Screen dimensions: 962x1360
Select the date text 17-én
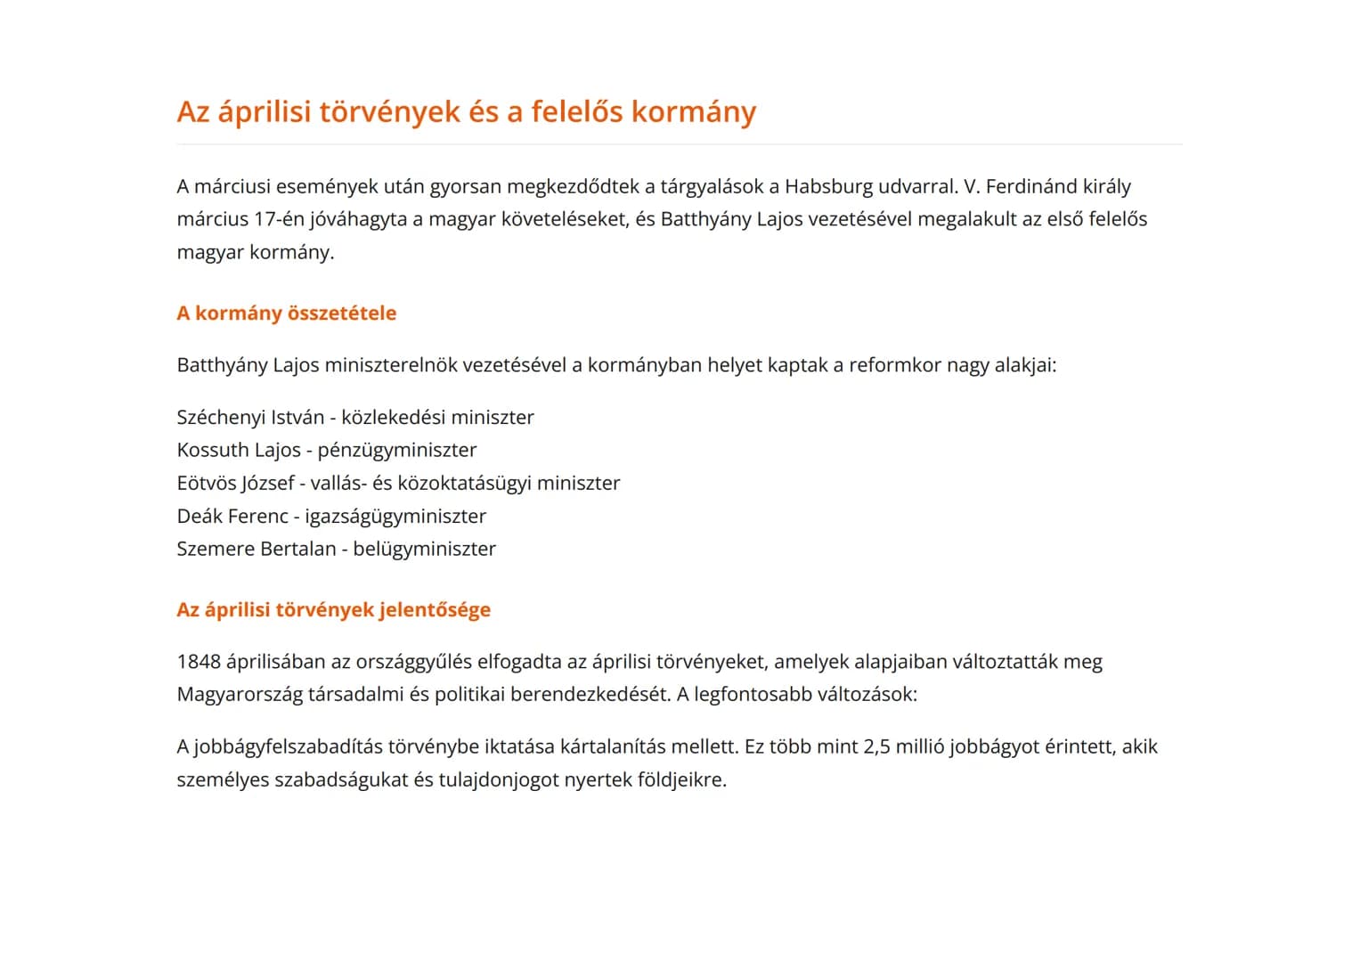[x=279, y=220]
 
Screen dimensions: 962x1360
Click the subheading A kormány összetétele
[x=286, y=314]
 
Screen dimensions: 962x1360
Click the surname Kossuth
[x=211, y=451]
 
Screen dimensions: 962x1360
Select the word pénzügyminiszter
[x=396, y=451]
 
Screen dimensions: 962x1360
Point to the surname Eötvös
[x=205, y=484]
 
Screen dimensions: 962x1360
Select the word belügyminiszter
[x=424, y=550]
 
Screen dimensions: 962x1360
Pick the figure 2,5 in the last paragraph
[x=876, y=747]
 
